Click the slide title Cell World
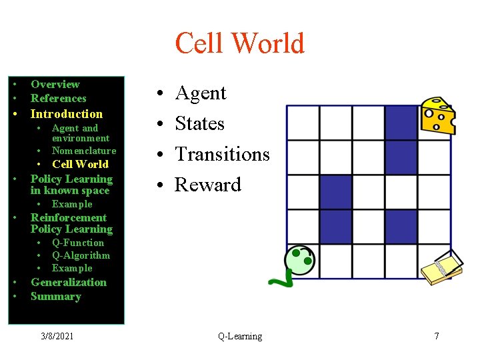239,43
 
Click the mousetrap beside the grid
442,268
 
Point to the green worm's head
299,259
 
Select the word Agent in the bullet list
201,93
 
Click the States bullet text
199,123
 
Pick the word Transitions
222,154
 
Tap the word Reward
207,185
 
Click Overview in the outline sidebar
55,84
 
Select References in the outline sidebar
59,98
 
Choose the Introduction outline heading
67,113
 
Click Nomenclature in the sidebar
84,151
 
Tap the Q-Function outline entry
78,243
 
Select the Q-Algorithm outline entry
81,255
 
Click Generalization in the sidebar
69,282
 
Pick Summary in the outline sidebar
56,296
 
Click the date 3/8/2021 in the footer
56,336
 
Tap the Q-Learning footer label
240,336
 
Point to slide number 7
437,336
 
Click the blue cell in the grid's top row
401,123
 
